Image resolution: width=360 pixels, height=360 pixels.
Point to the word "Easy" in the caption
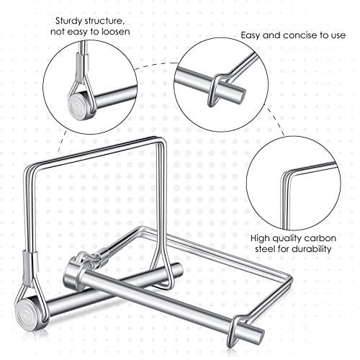pos(252,35)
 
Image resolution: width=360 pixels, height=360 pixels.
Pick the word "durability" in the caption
pos(307,249)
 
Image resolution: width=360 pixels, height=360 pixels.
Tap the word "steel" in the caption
pos(263,249)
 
